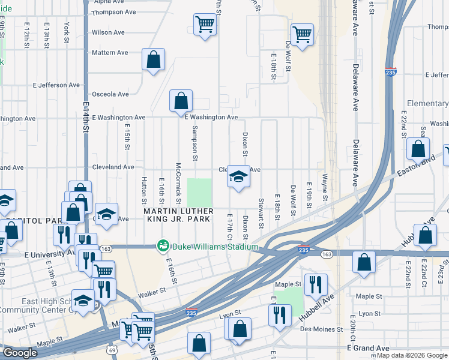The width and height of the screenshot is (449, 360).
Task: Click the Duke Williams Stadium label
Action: click(215, 247)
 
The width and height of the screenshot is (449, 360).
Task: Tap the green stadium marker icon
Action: click(162, 246)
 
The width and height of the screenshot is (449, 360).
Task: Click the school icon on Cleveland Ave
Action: click(238, 177)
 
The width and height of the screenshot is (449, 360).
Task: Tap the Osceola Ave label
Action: click(110, 94)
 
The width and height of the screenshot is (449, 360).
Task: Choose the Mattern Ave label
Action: click(110, 53)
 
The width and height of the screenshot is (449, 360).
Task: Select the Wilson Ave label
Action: click(108, 32)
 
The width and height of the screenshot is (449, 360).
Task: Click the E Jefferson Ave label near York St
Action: click(58, 85)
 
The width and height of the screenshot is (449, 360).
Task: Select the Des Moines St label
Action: click(323, 329)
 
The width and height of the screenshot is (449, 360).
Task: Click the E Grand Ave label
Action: click(368, 348)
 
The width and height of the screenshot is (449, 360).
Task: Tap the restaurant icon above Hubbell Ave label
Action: click(315, 284)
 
